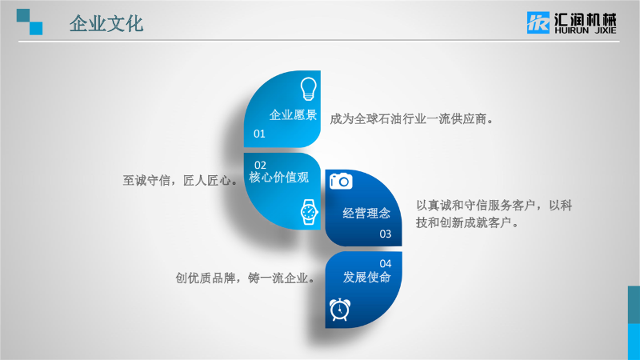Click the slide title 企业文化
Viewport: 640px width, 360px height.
(x=106, y=24)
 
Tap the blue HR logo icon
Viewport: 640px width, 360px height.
(x=538, y=22)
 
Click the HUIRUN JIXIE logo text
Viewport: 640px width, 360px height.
(x=585, y=30)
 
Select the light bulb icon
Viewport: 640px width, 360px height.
(x=309, y=89)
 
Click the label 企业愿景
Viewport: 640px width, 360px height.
(x=293, y=115)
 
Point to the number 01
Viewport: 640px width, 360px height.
(x=259, y=134)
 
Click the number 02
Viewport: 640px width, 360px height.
(x=260, y=165)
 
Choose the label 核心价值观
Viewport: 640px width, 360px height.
(x=278, y=178)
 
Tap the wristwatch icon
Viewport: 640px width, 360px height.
(x=309, y=212)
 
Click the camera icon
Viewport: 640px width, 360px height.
(x=341, y=181)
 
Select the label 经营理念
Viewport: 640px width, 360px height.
(x=366, y=213)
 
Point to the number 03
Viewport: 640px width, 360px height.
(x=386, y=234)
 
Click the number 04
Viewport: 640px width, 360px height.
(x=386, y=264)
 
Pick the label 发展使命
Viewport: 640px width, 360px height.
(x=366, y=277)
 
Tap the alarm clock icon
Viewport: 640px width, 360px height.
(x=339, y=310)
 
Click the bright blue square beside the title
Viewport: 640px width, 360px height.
(x=36, y=28)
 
